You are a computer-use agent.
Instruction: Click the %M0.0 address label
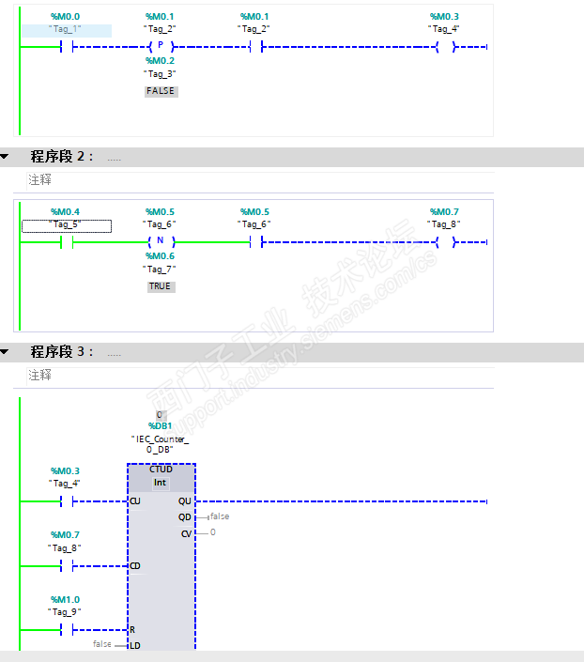[x=65, y=17]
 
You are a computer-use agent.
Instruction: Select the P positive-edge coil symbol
[x=161, y=46]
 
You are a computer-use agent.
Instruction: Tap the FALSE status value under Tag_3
[x=161, y=91]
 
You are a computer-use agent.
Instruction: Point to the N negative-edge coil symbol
[x=161, y=241]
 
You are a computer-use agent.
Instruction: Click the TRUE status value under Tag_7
[x=161, y=286]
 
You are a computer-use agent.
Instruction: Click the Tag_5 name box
[x=67, y=226]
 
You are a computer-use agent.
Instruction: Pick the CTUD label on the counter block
[x=161, y=470]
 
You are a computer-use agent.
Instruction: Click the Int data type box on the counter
[x=160, y=483]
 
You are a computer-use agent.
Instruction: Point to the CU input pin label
[x=135, y=501]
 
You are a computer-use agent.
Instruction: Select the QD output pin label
[x=185, y=517]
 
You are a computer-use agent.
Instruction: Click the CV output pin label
[x=186, y=534]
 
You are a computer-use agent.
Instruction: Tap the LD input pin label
[x=135, y=645]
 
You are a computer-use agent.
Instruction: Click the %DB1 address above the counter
[x=160, y=426]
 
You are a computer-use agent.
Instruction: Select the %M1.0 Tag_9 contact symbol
[x=67, y=630]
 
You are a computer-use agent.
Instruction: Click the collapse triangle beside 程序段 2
[x=5, y=157]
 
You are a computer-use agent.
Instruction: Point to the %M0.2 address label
[x=160, y=61]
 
